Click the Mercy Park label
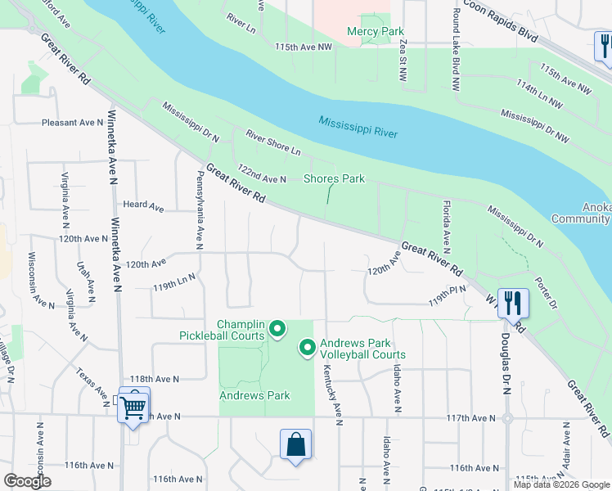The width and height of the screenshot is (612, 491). [x=376, y=32]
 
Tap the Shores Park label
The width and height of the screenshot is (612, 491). [x=334, y=178]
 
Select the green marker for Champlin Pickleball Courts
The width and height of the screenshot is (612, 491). [x=277, y=329]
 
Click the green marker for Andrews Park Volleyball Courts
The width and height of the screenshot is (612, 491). [x=308, y=349]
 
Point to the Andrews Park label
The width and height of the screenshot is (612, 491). [x=254, y=396]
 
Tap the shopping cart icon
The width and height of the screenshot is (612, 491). [x=133, y=405]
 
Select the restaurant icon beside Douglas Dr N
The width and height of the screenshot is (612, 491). [x=513, y=303]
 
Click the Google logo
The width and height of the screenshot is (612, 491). [x=27, y=481]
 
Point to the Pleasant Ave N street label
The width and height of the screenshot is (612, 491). [x=72, y=123]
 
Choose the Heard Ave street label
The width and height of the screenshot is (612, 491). [x=140, y=205]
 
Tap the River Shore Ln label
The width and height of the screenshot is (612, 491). [x=273, y=145]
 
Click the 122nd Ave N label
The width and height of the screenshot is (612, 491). [x=261, y=173]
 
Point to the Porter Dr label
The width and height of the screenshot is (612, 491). [x=545, y=293]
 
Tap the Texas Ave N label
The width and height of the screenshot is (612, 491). [x=94, y=386]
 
